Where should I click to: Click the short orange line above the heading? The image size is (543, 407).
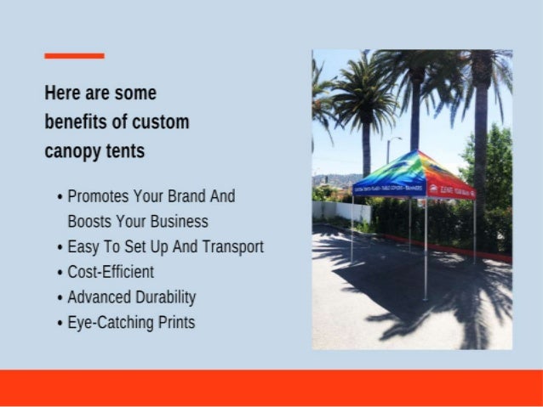pos(74,56)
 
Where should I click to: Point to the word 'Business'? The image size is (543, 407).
pos(174,221)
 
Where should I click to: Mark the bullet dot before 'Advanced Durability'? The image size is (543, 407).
pos(60,298)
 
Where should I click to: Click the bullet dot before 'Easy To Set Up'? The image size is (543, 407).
pos(60,247)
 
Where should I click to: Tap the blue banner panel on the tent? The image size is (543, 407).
pos(390,189)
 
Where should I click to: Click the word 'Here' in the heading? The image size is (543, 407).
pos(61,93)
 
